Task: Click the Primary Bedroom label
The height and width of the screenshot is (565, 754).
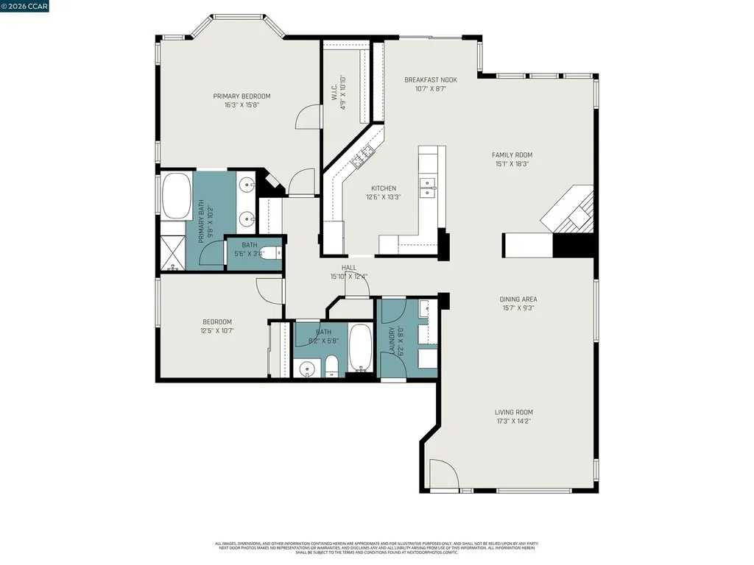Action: [x=242, y=96]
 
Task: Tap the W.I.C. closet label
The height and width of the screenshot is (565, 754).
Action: [x=335, y=88]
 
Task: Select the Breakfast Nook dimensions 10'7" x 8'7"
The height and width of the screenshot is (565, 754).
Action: [x=431, y=89]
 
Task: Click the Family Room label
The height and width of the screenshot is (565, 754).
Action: [x=512, y=154]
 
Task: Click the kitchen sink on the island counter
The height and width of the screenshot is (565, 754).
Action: [x=427, y=188]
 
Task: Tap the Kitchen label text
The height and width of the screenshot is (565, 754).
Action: [x=383, y=188]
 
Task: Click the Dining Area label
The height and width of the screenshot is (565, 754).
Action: [x=518, y=299]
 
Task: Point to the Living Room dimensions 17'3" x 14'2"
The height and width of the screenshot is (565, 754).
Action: [x=513, y=422]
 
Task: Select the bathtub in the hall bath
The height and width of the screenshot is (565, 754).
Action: [x=361, y=347]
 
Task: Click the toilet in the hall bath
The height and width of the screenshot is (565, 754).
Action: [x=331, y=366]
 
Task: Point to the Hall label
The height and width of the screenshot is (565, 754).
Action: [x=349, y=268]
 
